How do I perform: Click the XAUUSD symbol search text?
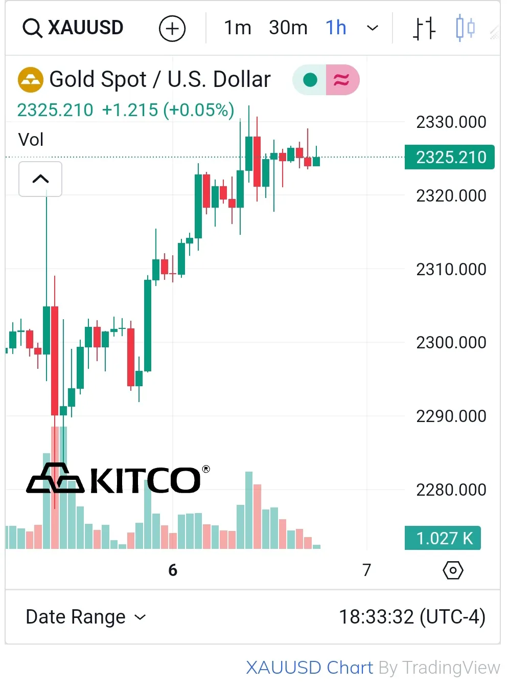point(85,28)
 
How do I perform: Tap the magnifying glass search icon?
point(32,28)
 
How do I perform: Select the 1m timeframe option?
point(238,28)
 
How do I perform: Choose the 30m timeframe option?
point(288,28)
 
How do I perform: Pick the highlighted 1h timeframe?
point(336,28)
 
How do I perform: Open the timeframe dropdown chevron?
point(373,28)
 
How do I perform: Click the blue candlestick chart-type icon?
point(465,28)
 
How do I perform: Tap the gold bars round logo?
point(30,80)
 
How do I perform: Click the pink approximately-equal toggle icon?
point(342,80)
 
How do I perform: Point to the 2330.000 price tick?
point(451,122)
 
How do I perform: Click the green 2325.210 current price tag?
point(450,157)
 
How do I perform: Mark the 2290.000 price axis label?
point(451,416)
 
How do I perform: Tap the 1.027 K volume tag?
point(443,538)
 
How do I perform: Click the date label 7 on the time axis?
point(366,570)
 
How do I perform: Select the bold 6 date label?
point(173,570)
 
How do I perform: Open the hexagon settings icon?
point(453,570)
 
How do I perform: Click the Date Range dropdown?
point(86,617)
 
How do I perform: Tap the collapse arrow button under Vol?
point(40,179)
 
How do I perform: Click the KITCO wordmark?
point(145,480)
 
